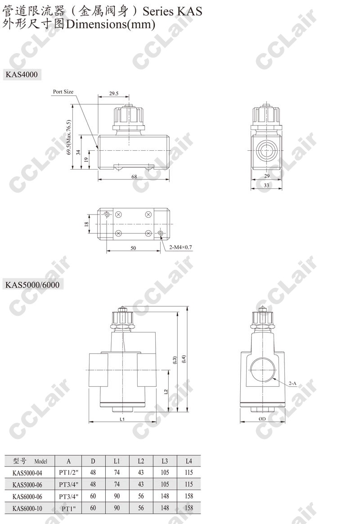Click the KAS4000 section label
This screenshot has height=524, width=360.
pyautogui.click(x=22, y=74)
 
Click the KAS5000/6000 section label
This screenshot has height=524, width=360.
pyautogui.click(x=32, y=285)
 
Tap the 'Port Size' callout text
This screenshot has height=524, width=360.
pyautogui.click(x=63, y=92)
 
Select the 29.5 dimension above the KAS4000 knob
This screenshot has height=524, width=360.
pyautogui.click(x=114, y=94)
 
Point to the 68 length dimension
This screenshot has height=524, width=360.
pyautogui.click(x=134, y=176)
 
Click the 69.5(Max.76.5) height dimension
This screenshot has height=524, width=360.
pyautogui.click(x=69, y=137)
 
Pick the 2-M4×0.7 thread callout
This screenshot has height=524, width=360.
pyautogui.click(x=180, y=247)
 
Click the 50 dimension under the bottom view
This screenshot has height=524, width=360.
pyautogui.click(x=133, y=248)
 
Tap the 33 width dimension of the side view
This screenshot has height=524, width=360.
pyautogui.click(x=266, y=185)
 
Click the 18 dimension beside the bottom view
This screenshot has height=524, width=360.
pyautogui.click(x=86, y=224)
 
